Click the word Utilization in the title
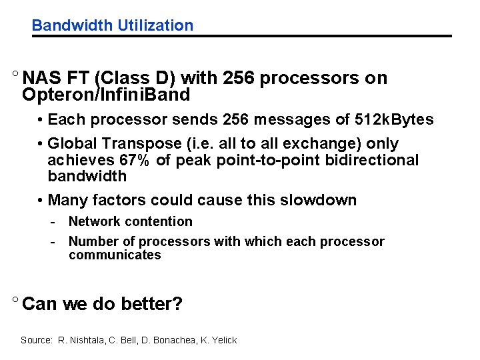155,26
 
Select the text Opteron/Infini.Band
106,95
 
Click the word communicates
115,255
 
